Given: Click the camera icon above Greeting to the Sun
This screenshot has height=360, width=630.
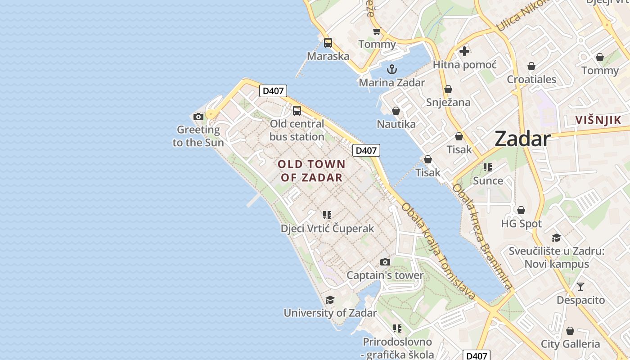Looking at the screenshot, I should pos(198,117).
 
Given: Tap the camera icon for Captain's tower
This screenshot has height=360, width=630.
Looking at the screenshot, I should pos(385,262).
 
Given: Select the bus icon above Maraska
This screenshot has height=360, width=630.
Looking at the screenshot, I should pos(328,43).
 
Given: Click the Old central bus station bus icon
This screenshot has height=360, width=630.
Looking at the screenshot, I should pos(297,110).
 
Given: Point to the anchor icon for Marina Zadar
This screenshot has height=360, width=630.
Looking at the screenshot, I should pos(392,69).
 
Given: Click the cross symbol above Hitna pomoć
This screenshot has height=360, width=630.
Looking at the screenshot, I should pos(464,51).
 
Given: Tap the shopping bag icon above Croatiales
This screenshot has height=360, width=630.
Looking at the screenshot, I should pos(531,66).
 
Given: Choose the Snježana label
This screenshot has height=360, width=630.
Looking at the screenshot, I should pos(448,102).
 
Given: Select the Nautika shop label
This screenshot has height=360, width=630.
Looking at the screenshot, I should pos(396,124).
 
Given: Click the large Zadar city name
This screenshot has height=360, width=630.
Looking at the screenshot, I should pos(522,139).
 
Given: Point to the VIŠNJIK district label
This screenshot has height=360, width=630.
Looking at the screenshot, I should pos(598,120).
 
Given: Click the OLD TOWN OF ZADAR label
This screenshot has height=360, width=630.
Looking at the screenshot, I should pos(311,171).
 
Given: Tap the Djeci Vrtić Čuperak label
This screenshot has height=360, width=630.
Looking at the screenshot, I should pos(327,229).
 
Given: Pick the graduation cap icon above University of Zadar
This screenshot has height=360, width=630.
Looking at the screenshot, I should pos(330,300).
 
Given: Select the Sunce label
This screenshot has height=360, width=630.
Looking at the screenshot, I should pos(488,180).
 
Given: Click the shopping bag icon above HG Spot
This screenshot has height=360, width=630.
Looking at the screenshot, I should pos(521,210).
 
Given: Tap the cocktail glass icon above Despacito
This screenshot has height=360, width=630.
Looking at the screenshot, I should pos(580,286).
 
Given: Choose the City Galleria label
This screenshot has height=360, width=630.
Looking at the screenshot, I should pos(570,344).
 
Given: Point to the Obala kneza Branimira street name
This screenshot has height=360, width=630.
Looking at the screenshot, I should pos(482,236).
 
